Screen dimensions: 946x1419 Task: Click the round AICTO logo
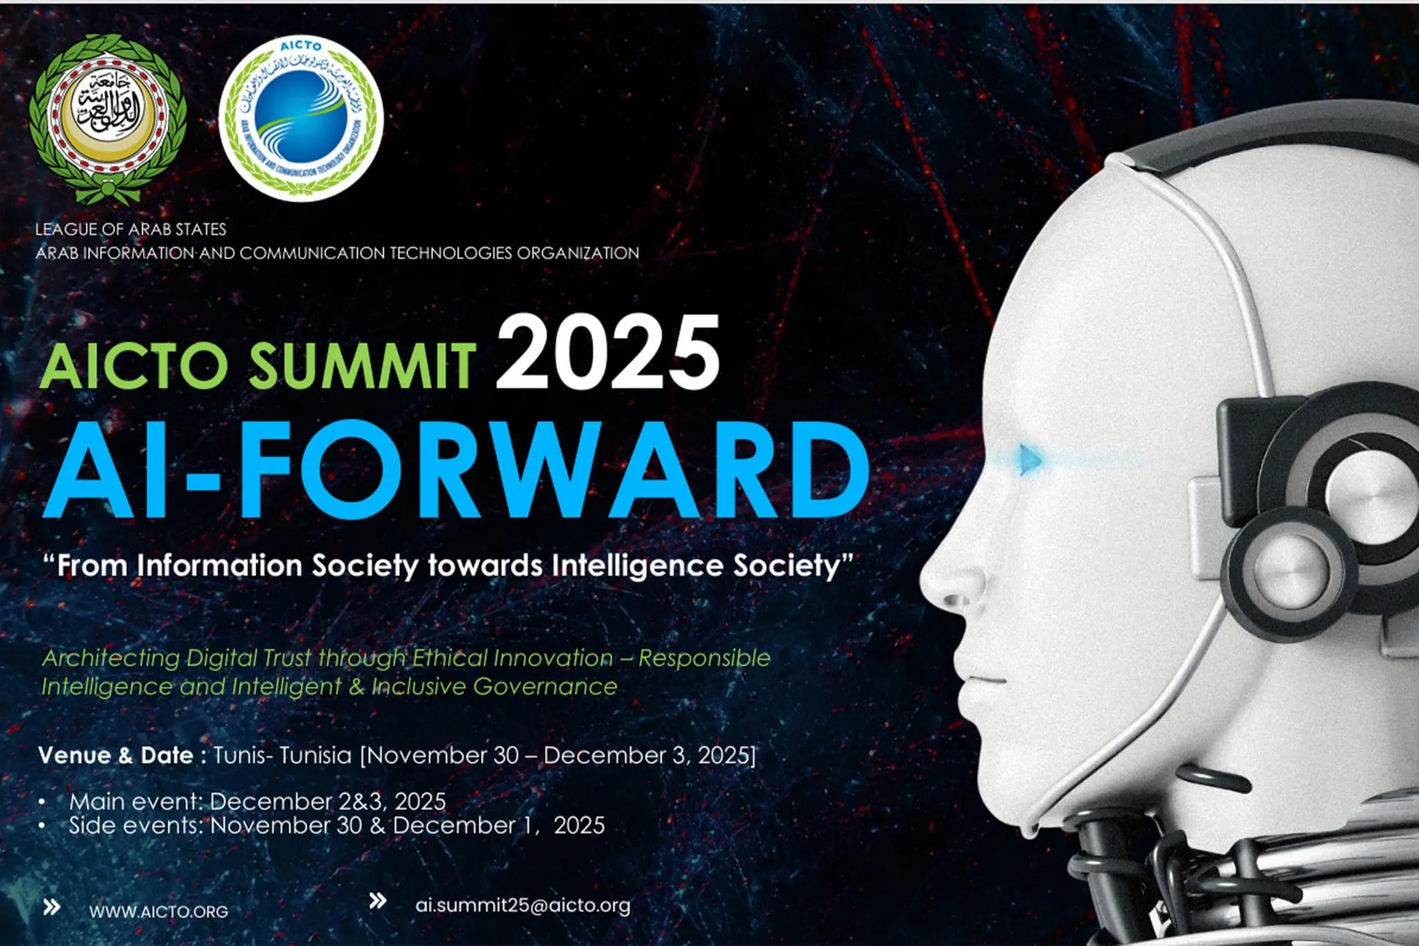pyautogui.click(x=301, y=119)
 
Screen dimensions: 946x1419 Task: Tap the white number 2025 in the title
pyautogui.click(x=608, y=353)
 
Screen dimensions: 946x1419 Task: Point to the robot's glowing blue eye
pyautogui.click(x=1030, y=459)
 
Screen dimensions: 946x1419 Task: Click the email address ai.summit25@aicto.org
pyautogui.click(x=522, y=905)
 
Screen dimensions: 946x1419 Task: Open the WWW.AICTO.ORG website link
pyautogui.click(x=159, y=911)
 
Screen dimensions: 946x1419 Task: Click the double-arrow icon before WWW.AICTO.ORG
pyautogui.click(x=51, y=907)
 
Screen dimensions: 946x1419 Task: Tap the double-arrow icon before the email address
pyautogui.click(x=378, y=901)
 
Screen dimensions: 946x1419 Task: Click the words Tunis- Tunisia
pyautogui.click(x=282, y=755)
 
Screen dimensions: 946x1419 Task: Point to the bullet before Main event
pyautogui.click(x=42, y=802)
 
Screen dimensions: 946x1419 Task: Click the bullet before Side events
pyautogui.click(x=42, y=825)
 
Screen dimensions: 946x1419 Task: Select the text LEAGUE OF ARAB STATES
pyautogui.click(x=131, y=229)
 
